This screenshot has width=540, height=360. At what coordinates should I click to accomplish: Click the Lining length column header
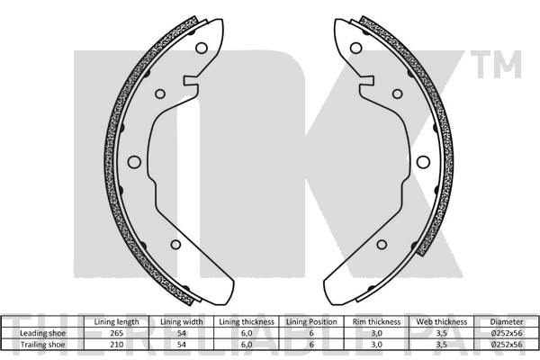point(116,321)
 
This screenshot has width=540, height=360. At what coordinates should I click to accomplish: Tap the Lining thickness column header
point(246,321)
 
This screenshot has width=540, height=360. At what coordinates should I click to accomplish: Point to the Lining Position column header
point(311,321)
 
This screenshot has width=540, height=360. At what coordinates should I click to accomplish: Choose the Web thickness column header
point(441,321)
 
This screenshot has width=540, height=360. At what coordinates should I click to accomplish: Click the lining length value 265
point(116,332)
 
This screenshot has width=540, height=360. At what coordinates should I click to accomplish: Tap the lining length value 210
point(116,343)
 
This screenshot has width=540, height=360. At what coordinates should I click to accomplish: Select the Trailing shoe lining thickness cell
point(246,343)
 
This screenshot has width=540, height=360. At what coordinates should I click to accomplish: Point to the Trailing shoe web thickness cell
point(441,343)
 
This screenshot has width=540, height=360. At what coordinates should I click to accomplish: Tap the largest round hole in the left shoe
point(134,163)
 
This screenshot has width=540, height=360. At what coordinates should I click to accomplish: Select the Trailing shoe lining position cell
point(311,343)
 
